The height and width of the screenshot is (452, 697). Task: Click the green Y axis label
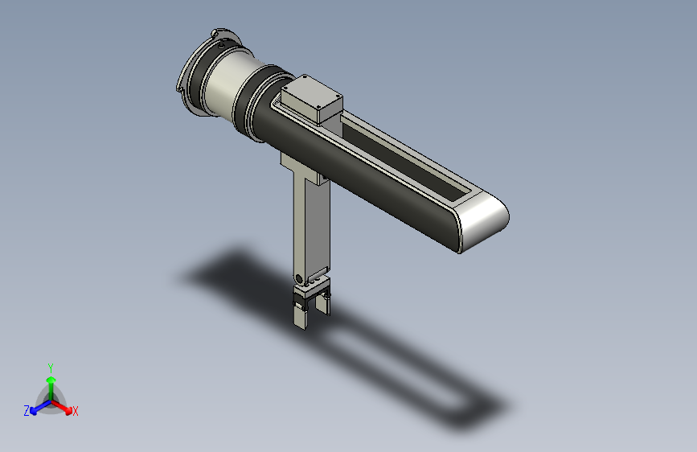tap(51, 368)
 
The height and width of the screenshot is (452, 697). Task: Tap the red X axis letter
tap(75, 411)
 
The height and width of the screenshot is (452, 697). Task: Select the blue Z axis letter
tap(27, 411)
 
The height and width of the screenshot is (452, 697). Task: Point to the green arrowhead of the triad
tap(51, 380)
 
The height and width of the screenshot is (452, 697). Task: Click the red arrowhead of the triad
tap(68, 410)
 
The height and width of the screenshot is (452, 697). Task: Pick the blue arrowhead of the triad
tap(34, 411)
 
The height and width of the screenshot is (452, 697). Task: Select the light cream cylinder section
tap(227, 86)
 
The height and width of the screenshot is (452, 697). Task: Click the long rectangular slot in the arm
tap(405, 158)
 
